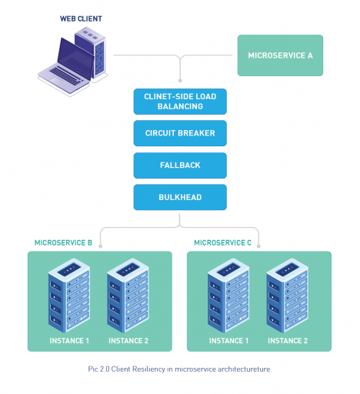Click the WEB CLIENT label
tap(82, 17)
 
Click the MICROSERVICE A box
tap(280, 55)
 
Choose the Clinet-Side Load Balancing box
tap(180, 101)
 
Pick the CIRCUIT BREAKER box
tap(180, 133)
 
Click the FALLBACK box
tap(180, 165)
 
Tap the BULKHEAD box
tap(180, 197)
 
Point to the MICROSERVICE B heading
tap(63, 242)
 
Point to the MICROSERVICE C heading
tap(223, 242)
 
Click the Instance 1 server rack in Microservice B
tap(69, 296)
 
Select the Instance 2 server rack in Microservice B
tap(128, 296)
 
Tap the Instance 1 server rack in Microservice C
tap(228, 296)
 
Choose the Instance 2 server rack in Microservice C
tap(288, 296)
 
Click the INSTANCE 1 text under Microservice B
tap(69, 340)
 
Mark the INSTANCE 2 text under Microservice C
tap(288, 340)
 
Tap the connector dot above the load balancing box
tap(180, 79)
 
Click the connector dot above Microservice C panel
tap(258, 246)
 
